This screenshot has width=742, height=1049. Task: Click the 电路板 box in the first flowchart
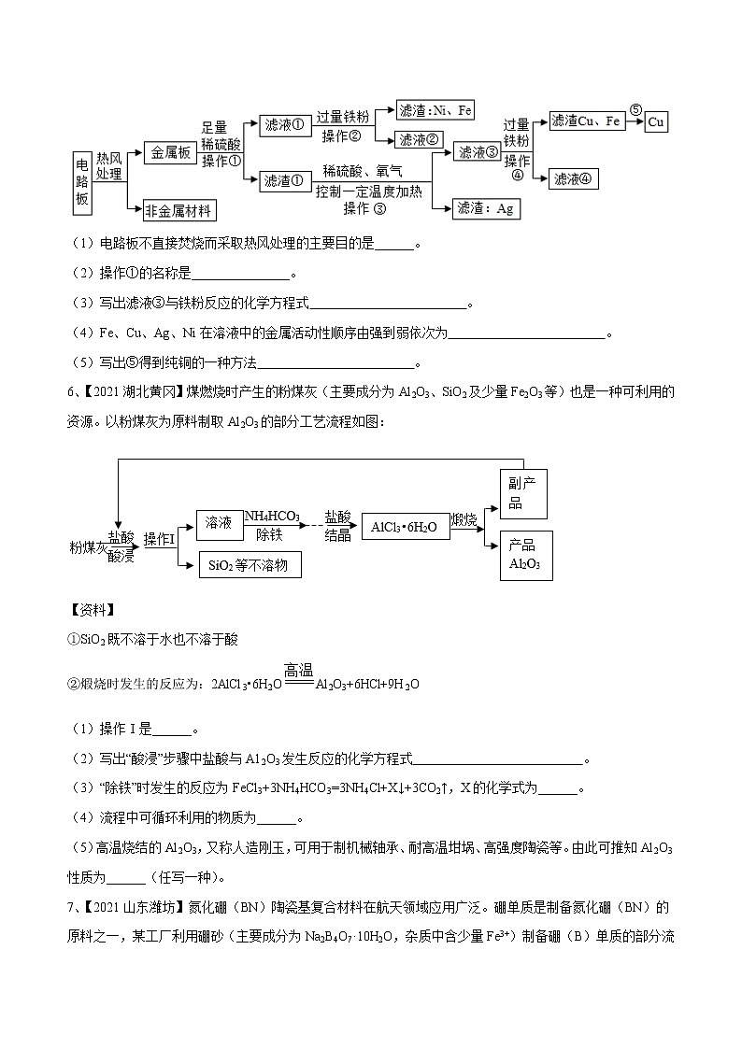(83, 179)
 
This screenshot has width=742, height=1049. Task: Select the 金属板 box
(171, 152)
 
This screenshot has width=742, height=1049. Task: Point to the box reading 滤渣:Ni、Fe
(435, 110)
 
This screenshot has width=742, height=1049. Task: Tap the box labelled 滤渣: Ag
(486, 208)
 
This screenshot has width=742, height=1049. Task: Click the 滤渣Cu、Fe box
(586, 120)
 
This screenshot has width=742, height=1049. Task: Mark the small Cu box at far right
(657, 122)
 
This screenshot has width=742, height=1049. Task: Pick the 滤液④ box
(574, 178)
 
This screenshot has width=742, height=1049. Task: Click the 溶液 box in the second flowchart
(219, 524)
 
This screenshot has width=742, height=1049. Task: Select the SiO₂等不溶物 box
(250, 564)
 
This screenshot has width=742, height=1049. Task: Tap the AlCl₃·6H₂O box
(404, 527)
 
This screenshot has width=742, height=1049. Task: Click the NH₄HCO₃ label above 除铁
(272, 516)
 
